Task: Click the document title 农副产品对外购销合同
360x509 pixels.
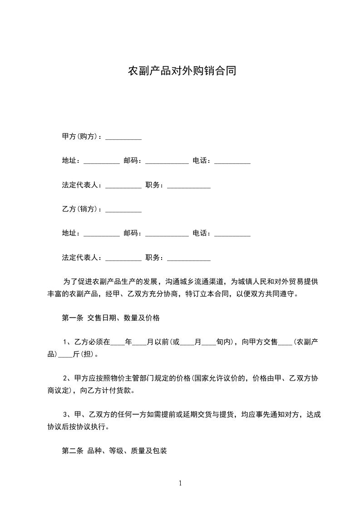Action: [x=182, y=71]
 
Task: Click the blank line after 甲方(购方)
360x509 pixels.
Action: [x=123, y=137]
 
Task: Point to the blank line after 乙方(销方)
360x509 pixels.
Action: [x=123, y=210]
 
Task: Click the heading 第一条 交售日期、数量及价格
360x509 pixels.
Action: [x=110, y=318]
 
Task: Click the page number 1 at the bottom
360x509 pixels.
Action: [x=180, y=483]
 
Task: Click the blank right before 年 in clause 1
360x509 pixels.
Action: [x=117, y=343]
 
